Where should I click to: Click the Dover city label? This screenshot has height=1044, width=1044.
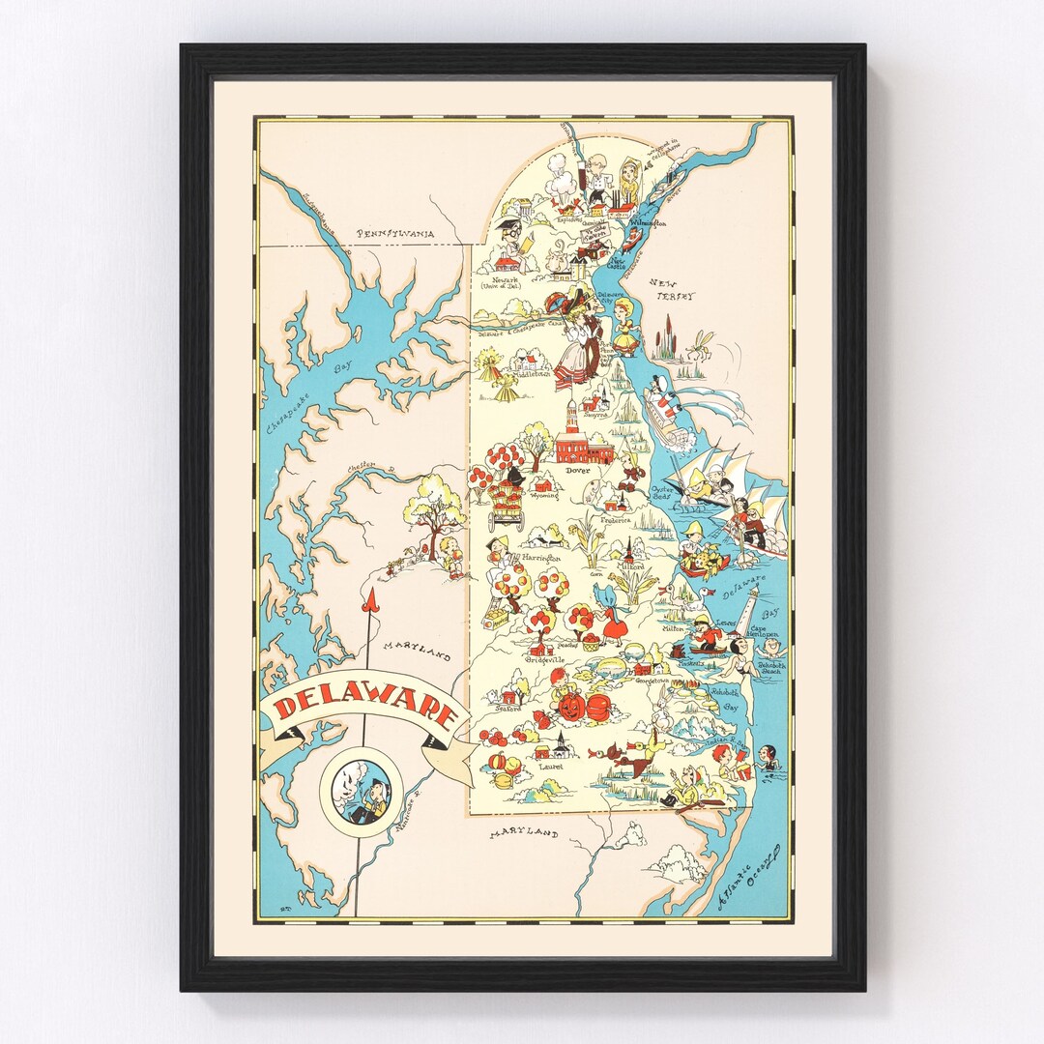click(x=577, y=471)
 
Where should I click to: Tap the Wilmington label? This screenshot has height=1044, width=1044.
click(x=649, y=223)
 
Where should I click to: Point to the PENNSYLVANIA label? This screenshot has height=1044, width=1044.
click(x=394, y=234)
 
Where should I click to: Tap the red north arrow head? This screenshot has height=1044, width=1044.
click(x=367, y=603)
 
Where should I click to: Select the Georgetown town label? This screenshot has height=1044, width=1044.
click(x=652, y=681)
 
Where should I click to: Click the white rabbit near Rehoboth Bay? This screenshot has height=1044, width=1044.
click(x=663, y=716)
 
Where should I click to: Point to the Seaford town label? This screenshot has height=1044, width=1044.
click(x=507, y=709)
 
